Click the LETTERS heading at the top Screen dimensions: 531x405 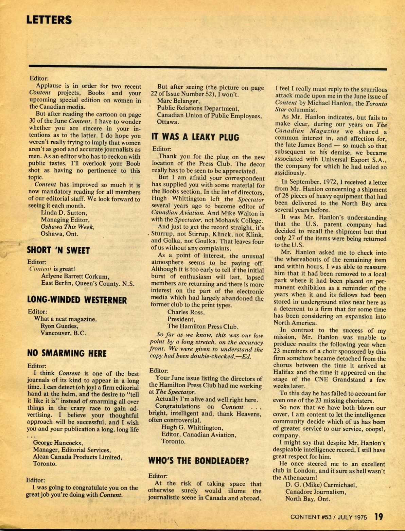(x=49, y=20)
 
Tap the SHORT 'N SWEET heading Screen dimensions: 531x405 (x=58, y=251)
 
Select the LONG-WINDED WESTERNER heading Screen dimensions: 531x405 (x=77, y=300)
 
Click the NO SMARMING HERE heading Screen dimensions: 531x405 (x=67, y=353)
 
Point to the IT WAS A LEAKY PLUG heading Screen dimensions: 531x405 (x=195, y=137)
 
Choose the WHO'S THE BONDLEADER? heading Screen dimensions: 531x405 (x=199, y=461)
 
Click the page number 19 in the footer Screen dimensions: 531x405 (x=379, y=517)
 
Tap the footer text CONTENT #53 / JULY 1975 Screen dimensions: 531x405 (x=329, y=517)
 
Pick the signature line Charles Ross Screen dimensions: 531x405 (x=186, y=312)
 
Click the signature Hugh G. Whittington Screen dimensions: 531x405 (x=192, y=427)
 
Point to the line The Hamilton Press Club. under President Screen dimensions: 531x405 (x=203, y=326)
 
